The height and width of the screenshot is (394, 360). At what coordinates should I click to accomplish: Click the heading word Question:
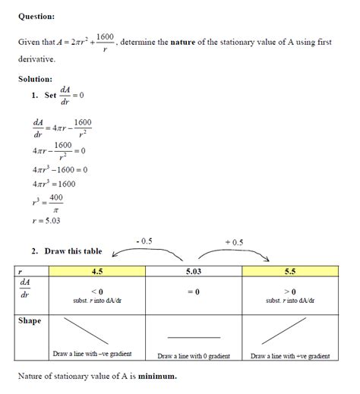(x=36, y=15)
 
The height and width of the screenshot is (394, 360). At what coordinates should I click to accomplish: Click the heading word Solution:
(x=35, y=79)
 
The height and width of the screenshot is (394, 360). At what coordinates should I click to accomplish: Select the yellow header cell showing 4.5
(x=97, y=271)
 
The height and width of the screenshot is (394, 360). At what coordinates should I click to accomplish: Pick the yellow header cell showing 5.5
(x=290, y=271)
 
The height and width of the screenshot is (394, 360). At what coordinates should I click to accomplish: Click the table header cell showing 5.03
(x=194, y=271)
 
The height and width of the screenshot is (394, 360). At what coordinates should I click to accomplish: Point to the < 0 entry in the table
(x=97, y=292)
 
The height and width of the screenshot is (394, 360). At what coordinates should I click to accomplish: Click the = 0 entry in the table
(x=194, y=292)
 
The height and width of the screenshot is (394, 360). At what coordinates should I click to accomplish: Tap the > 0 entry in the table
(x=290, y=292)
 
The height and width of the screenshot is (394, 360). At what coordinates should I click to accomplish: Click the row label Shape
(x=30, y=320)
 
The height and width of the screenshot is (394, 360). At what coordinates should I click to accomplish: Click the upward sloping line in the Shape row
(x=288, y=332)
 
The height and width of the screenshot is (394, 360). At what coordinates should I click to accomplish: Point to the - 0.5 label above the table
(x=144, y=241)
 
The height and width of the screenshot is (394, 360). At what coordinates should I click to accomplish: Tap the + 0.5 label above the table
(x=235, y=242)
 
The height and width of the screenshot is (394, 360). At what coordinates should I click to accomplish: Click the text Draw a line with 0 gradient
(x=194, y=355)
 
